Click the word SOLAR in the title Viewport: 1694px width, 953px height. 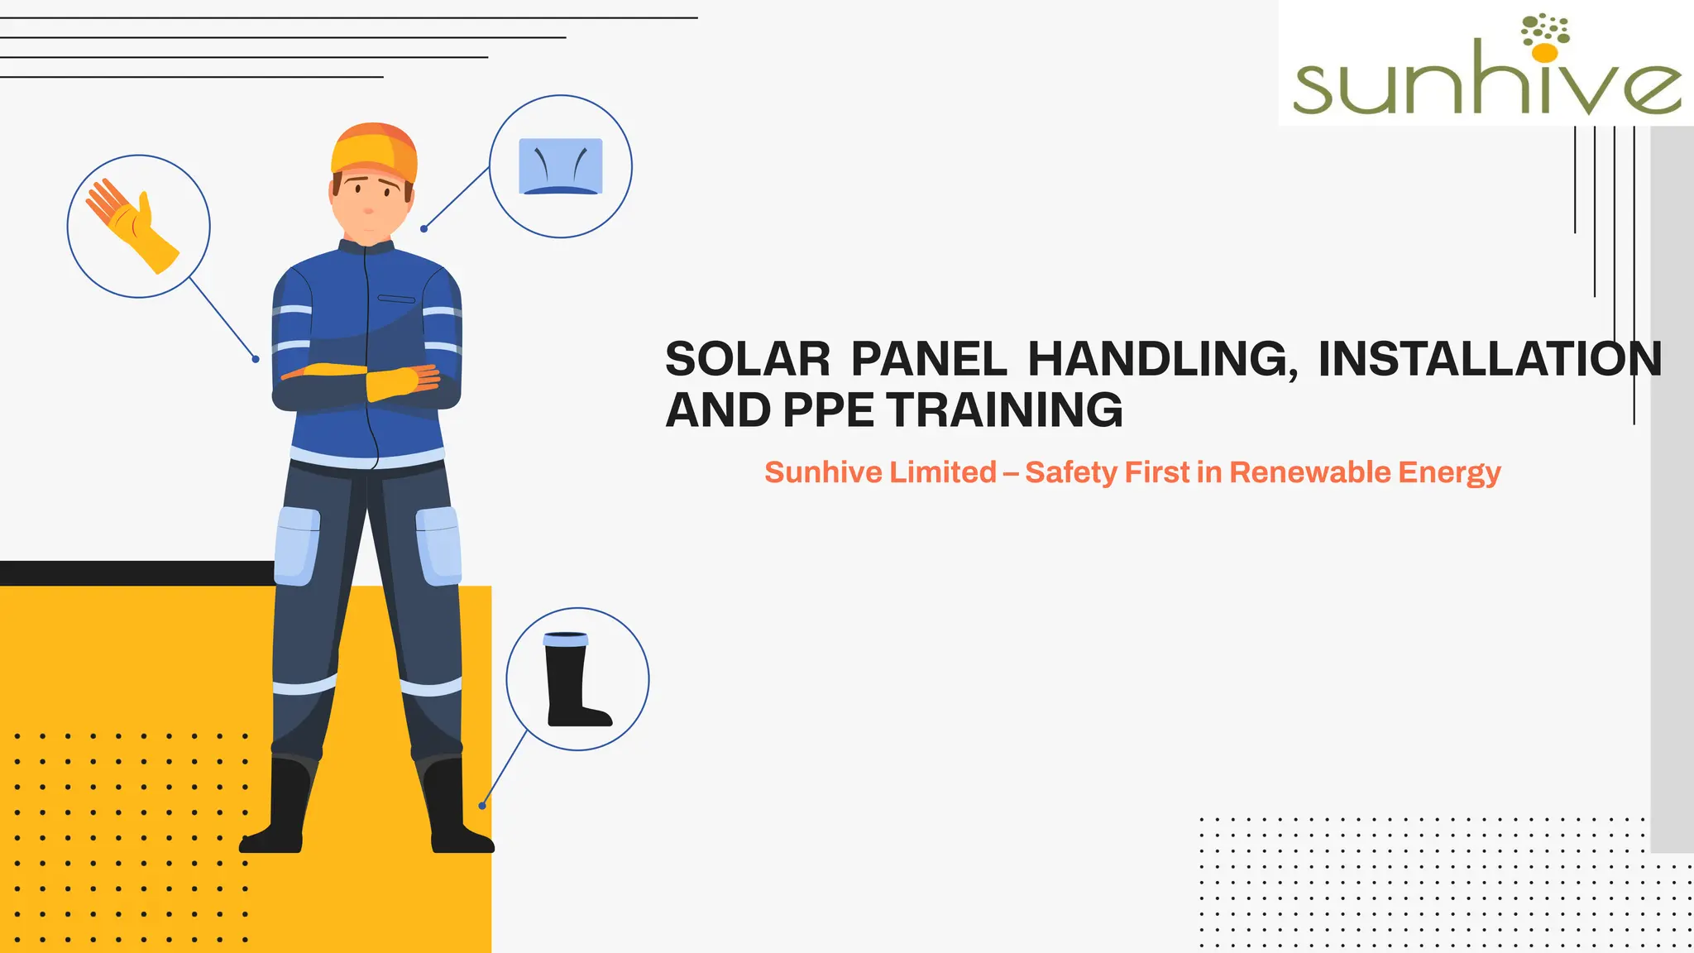[x=747, y=360]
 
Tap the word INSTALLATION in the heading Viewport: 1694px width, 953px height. [x=1489, y=360]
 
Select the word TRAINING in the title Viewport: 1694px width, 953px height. [x=1004, y=410]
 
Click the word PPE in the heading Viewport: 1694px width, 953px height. [x=827, y=410]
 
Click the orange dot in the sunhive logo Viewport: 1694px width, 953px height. [x=1544, y=53]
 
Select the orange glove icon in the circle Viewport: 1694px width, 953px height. [x=132, y=225]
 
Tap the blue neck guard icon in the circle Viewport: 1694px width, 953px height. [x=560, y=166]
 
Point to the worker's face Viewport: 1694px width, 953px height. [x=370, y=203]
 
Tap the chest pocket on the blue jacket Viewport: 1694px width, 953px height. [x=396, y=299]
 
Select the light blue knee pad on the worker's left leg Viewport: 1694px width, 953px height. [x=438, y=545]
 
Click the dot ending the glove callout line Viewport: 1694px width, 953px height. [x=256, y=359]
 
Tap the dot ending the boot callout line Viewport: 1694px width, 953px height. [x=482, y=806]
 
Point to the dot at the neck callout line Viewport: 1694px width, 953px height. [x=423, y=228]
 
